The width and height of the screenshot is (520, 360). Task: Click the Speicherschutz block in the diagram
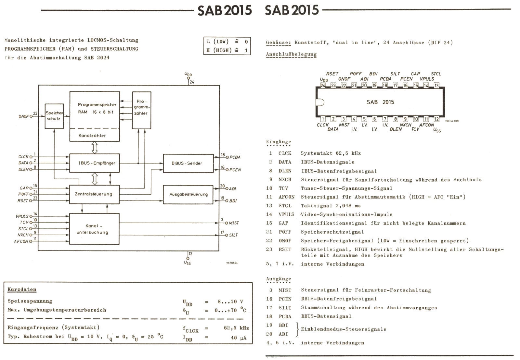(54, 116)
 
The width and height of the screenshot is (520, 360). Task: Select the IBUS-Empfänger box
(95, 163)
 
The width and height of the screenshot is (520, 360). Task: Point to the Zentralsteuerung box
(95, 194)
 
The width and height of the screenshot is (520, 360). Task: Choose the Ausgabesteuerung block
(188, 194)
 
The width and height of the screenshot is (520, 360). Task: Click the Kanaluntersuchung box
(95, 229)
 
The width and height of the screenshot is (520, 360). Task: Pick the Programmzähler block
(141, 110)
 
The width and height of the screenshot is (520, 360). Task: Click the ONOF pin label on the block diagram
(24, 116)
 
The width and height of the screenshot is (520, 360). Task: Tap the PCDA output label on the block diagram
(235, 157)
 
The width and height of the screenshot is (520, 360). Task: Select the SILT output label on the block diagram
(233, 235)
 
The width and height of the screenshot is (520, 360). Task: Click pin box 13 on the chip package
(436, 85)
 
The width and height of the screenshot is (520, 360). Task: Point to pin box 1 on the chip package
(323, 119)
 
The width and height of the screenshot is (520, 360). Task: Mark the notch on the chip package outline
(319, 102)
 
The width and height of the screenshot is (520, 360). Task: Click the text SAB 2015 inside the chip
(380, 102)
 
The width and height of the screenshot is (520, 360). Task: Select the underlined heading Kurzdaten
(22, 289)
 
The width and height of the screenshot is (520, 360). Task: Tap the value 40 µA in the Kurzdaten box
(238, 338)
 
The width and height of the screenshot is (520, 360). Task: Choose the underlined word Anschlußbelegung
(291, 54)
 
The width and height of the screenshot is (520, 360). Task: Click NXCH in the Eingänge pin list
(285, 180)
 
